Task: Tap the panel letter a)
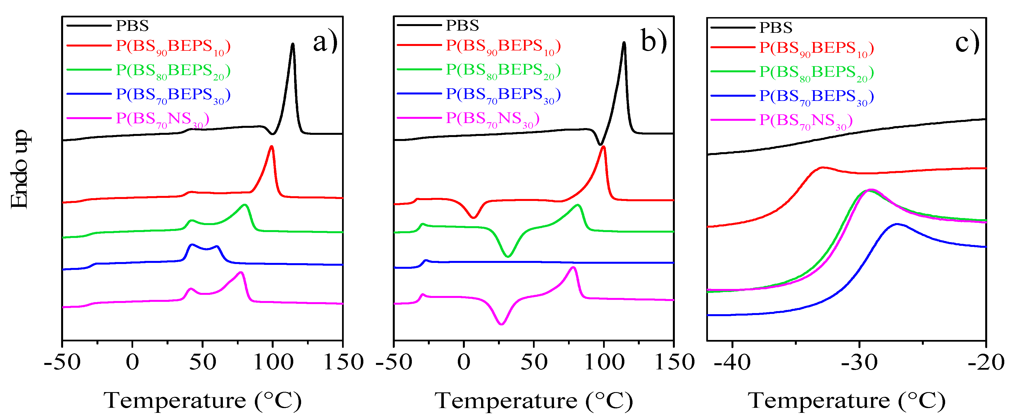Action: (325, 42)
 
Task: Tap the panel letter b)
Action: (654, 41)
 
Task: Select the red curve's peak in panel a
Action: (271, 147)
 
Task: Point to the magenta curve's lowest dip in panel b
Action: (501, 324)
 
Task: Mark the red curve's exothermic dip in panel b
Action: (474, 217)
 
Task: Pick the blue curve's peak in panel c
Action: (896, 224)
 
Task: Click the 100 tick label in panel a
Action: (273, 362)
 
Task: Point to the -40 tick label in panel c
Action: (732, 362)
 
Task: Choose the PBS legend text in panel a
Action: (132, 26)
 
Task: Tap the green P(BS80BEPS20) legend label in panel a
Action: (173, 71)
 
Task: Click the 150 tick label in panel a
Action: (343, 362)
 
